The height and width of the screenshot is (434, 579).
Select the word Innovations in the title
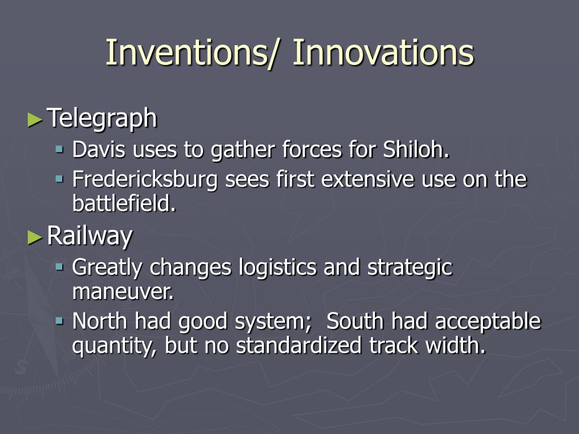tap(383, 52)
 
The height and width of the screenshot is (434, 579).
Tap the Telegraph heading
tap(102, 119)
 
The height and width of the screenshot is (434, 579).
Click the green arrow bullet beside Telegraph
tap(35, 120)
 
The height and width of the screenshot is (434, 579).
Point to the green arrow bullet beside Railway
tap(35, 237)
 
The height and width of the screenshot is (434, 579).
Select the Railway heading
tap(90, 236)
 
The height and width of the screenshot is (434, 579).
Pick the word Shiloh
tap(416, 149)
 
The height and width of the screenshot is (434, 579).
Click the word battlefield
tap(124, 203)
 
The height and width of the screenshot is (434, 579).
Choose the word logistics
tap(277, 267)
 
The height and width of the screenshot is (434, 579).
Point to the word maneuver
tap(123, 292)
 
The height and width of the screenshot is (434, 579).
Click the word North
tap(100, 321)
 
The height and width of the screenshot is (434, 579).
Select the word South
tap(355, 321)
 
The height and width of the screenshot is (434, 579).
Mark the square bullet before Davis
tap(59, 149)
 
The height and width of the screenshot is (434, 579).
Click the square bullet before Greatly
tap(59, 267)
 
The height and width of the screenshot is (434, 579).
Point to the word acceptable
tap(488, 322)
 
